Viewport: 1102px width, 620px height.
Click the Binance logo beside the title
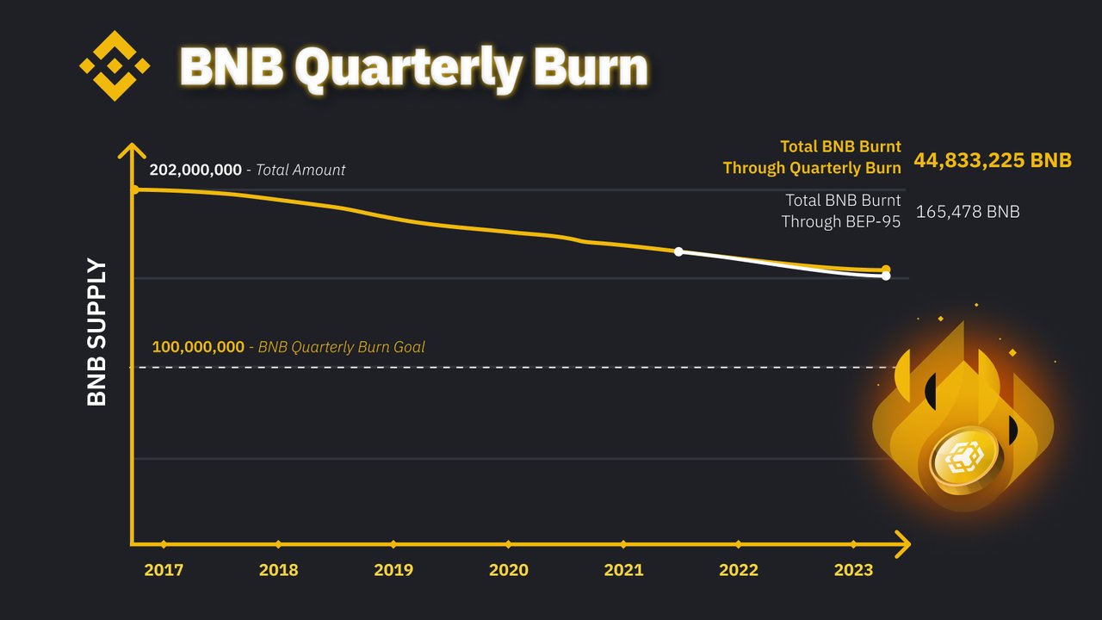115,65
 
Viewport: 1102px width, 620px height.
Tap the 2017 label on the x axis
164,570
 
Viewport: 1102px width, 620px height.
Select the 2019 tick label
393,570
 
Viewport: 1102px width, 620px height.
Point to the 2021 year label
623,570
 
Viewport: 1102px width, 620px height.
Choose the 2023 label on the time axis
853,570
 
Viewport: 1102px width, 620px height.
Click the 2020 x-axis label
509,570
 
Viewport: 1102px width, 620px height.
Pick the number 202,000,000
195,170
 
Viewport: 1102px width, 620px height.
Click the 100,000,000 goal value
198,347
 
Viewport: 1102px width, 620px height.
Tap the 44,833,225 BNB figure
993,160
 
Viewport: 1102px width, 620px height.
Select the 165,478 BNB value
968,211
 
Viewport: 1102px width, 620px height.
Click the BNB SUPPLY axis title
97,332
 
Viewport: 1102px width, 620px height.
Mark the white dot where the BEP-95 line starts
678,251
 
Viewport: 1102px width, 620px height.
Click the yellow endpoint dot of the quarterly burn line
886,270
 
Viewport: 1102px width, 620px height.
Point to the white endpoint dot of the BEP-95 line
886,276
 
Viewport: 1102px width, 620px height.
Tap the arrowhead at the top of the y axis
132,151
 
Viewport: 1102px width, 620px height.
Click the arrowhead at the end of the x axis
902,544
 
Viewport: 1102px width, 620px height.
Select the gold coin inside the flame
964,461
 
